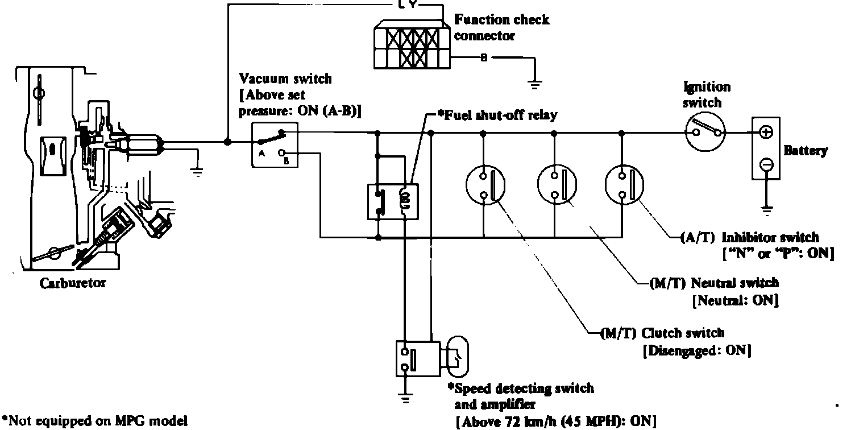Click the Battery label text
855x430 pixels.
tap(806, 151)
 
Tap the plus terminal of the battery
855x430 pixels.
tap(766, 132)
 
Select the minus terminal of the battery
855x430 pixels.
tap(766, 164)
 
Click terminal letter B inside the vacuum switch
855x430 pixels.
tap(286, 162)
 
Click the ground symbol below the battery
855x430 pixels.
tap(766, 209)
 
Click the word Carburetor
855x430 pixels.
tap(72, 283)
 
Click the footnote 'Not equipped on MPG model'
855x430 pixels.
tap(94, 421)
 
